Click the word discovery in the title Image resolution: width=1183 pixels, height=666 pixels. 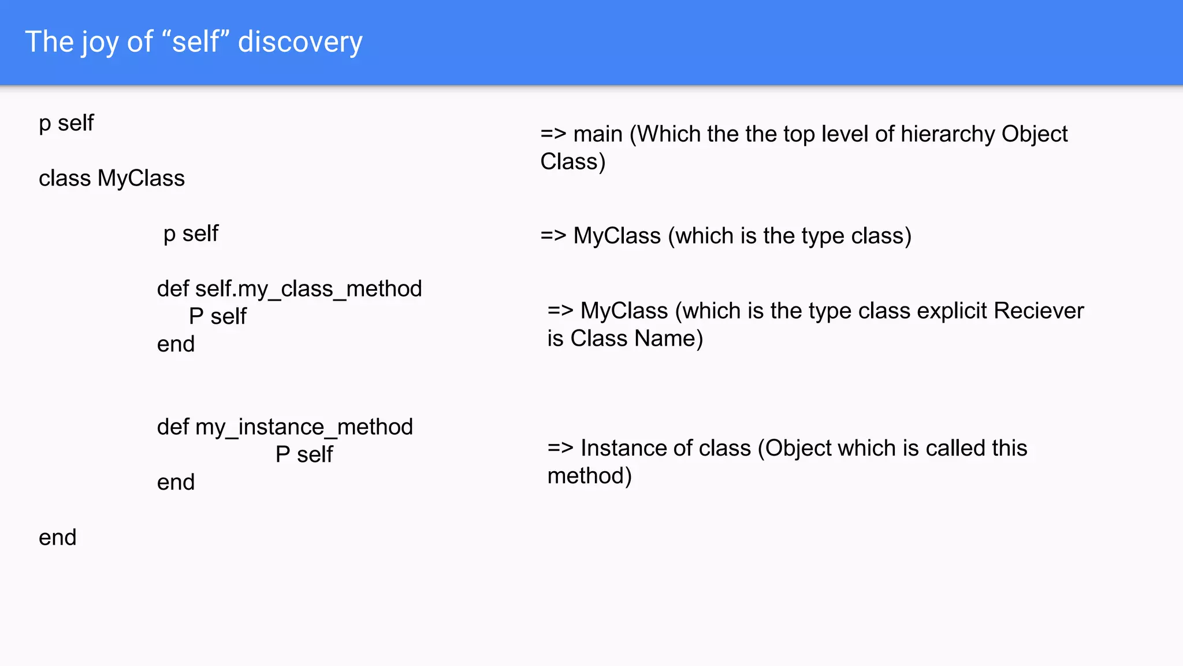pyautogui.click(x=300, y=42)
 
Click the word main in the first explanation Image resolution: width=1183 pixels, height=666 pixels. pyautogui.click(x=598, y=134)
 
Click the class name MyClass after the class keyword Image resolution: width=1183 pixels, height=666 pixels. pyautogui.click(x=141, y=179)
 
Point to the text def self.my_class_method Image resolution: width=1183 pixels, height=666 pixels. pyautogui.click(x=289, y=289)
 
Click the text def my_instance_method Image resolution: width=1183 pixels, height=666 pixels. pyautogui.click(x=285, y=427)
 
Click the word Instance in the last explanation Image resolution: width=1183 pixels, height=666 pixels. pyautogui.click(x=616, y=449)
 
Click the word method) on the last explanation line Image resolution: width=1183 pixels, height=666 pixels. pyautogui.click(x=589, y=476)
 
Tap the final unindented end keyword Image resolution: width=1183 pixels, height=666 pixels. pyautogui.click(x=57, y=538)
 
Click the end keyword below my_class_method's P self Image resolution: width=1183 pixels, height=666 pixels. pyautogui.click(x=176, y=345)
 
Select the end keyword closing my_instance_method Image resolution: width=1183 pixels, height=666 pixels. pyautogui.click(x=176, y=483)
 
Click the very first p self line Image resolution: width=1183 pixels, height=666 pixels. pyautogui.click(x=66, y=124)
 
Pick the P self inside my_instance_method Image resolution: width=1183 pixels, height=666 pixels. pyautogui.click(x=304, y=455)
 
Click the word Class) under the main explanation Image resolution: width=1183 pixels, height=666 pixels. pyautogui.click(x=572, y=162)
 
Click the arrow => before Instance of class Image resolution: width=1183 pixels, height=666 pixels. pyautogui.click(x=560, y=449)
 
